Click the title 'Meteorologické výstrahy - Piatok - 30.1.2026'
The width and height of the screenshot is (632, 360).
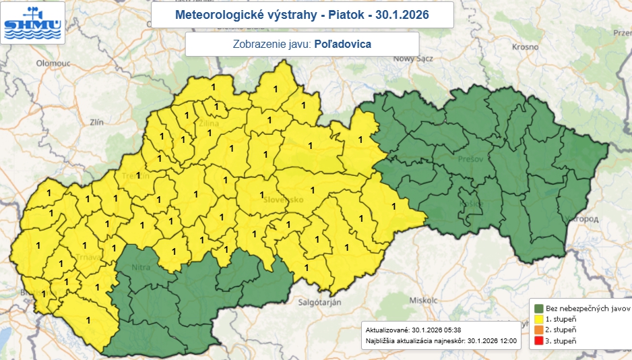(x=301, y=15)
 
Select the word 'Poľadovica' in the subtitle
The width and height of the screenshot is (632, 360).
(x=343, y=44)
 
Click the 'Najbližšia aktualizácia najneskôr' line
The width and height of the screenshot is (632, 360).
(x=441, y=341)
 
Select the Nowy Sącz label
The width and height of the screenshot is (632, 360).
(x=416, y=59)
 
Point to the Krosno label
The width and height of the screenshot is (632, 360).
(x=525, y=47)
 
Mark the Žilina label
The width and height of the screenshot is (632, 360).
(x=210, y=123)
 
